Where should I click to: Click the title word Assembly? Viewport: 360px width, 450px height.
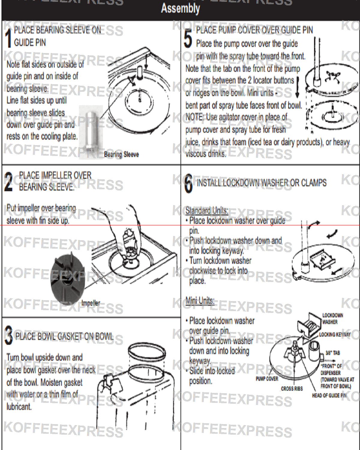[x=180, y=8]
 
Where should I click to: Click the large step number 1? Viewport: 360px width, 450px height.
[x=8, y=37]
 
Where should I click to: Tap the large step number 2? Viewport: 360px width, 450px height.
[x=9, y=182]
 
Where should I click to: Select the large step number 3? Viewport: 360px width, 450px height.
[x=8, y=336]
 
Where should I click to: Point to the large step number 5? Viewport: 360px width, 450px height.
[x=188, y=38]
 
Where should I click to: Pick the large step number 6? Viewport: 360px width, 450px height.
[x=188, y=184]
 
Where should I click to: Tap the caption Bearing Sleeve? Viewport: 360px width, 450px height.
[x=121, y=154]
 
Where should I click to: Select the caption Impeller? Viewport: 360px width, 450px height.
[x=91, y=303]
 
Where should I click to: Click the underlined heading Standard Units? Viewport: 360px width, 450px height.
[x=207, y=211]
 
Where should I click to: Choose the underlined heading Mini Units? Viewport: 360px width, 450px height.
[x=200, y=300]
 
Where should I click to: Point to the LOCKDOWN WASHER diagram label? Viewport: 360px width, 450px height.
[x=332, y=319]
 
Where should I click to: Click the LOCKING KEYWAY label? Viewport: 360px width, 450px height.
[x=335, y=334]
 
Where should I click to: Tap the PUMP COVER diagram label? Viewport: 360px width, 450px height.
[x=267, y=379]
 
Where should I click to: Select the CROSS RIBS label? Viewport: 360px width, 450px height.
[x=292, y=389]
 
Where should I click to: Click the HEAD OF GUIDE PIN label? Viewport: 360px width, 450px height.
[x=329, y=396]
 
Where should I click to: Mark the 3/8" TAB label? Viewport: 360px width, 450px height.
[x=333, y=353]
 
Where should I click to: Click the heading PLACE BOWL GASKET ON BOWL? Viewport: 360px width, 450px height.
[x=64, y=337]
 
